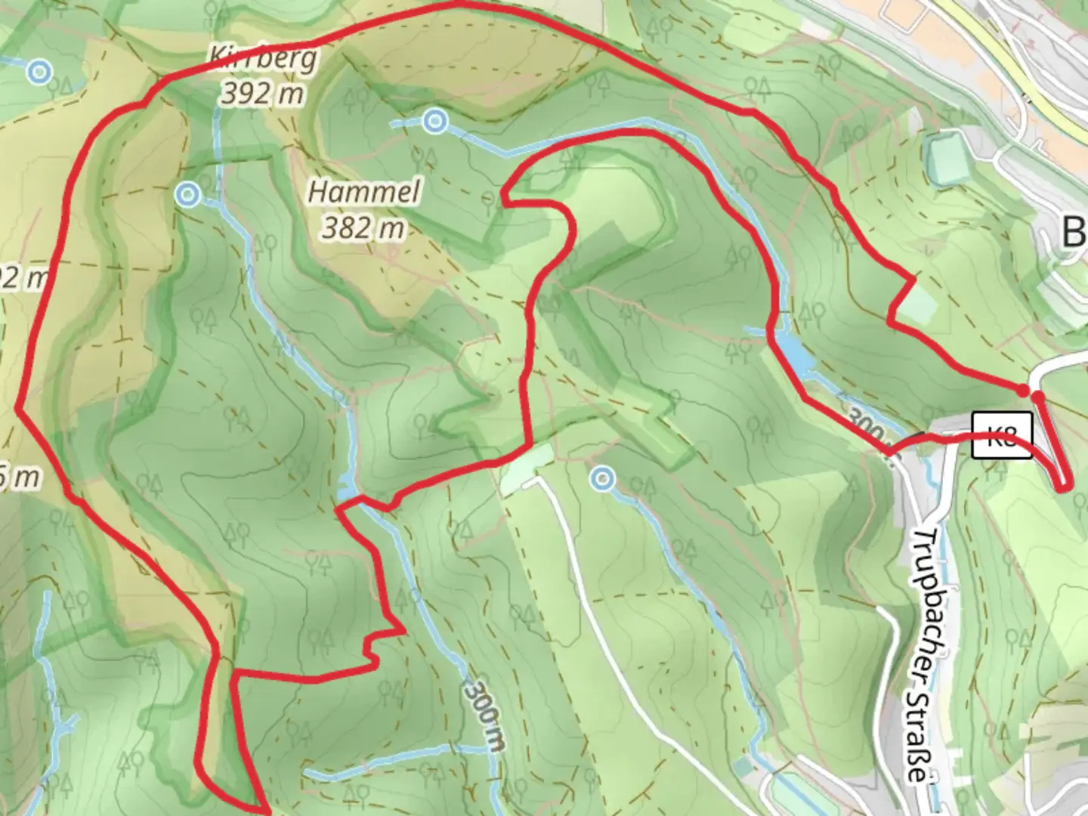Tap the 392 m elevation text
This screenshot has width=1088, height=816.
pos(263,93)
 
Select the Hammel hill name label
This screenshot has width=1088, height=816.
pos(363,192)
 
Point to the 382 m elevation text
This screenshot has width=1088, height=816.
pos(363,227)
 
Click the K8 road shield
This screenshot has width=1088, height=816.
pos(1002,435)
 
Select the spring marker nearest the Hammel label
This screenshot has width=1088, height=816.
pos(433,121)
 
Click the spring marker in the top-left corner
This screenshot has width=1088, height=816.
pos(39,73)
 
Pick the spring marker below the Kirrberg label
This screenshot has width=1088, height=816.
pos(187,196)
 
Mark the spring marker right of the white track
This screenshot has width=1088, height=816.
pos(602,478)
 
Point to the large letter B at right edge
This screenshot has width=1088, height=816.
pos(1074,232)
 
